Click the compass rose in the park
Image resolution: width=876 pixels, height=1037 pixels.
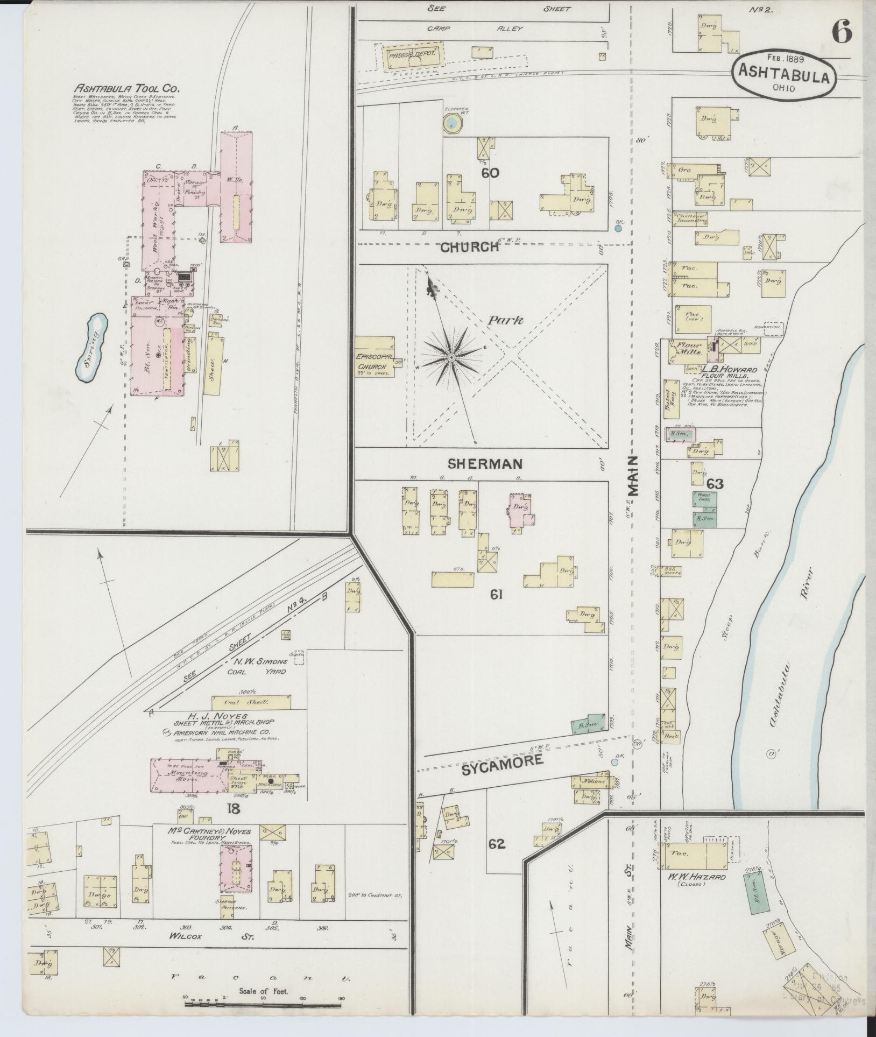(x=451, y=357)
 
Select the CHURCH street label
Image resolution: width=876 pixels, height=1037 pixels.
(x=470, y=247)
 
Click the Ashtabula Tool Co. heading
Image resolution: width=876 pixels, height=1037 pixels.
(x=127, y=88)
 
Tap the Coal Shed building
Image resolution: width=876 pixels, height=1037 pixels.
(x=251, y=702)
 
